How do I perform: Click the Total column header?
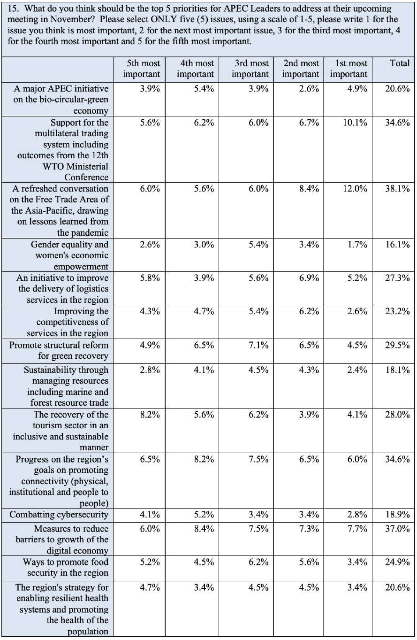(400, 63)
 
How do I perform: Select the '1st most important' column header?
(349, 69)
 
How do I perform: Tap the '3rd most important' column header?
(250, 69)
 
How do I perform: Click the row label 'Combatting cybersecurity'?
(59, 515)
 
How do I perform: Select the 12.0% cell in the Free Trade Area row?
(355, 189)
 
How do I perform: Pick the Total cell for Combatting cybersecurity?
(397, 515)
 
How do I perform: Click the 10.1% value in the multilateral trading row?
(355, 123)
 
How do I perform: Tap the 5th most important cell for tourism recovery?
(150, 415)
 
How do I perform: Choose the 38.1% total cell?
(397, 189)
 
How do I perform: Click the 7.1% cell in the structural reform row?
(258, 345)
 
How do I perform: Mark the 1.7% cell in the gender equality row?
(357, 245)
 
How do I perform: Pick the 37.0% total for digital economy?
(397, 529)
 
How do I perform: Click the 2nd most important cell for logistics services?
(309, 278)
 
